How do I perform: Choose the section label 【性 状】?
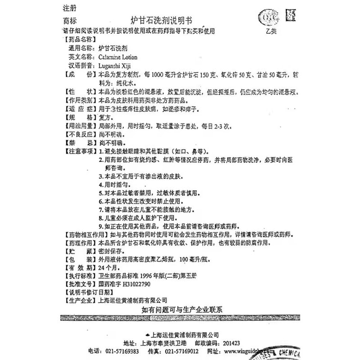tap(76, 92)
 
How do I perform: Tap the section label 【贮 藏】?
tap(76, 251)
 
